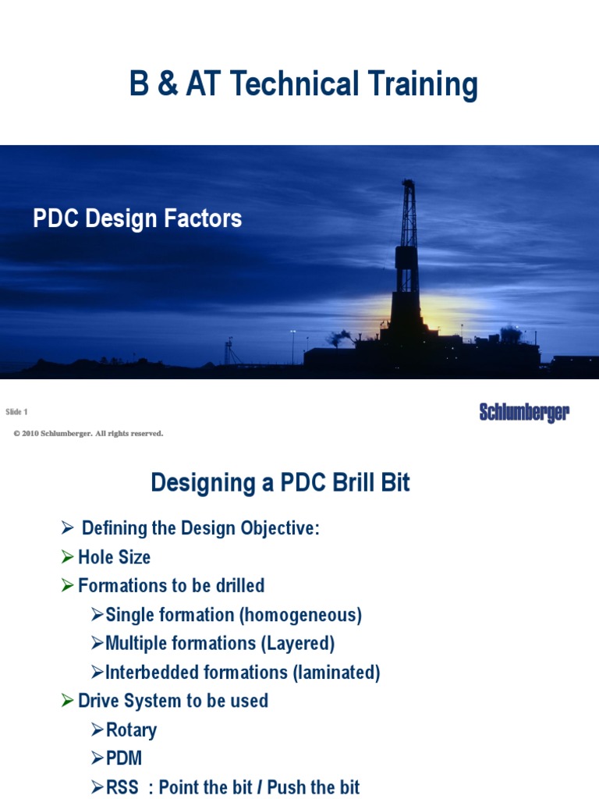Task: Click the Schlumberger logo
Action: (x=524, y=413)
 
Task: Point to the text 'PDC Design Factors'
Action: (x=137, y=219)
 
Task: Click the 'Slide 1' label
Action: (x=16, y=412)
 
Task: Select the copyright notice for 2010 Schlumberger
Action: (x=88, y=433)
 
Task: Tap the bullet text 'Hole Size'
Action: (x=114, y=557)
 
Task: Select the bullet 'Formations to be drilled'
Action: (x=171, y=585)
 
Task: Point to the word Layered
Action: (x=302, y=644)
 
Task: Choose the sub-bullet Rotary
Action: (x=131, y=730)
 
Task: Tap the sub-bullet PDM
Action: (x=124, y=758)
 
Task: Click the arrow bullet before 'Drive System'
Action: (x=68, y=701)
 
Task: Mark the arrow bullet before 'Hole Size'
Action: (x=68, y=557)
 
